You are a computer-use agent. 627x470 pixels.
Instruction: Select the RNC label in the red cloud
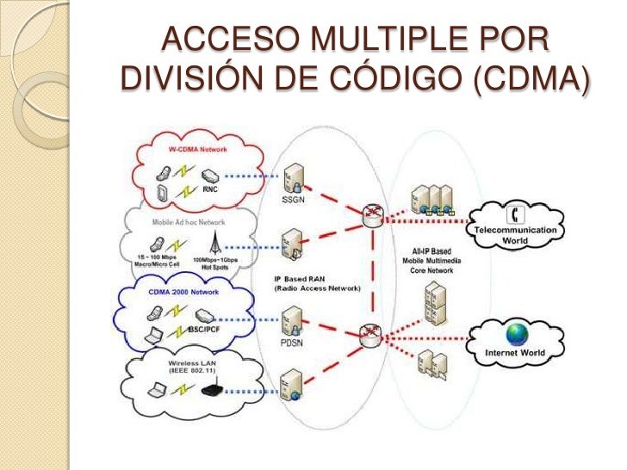coord(210,187)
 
